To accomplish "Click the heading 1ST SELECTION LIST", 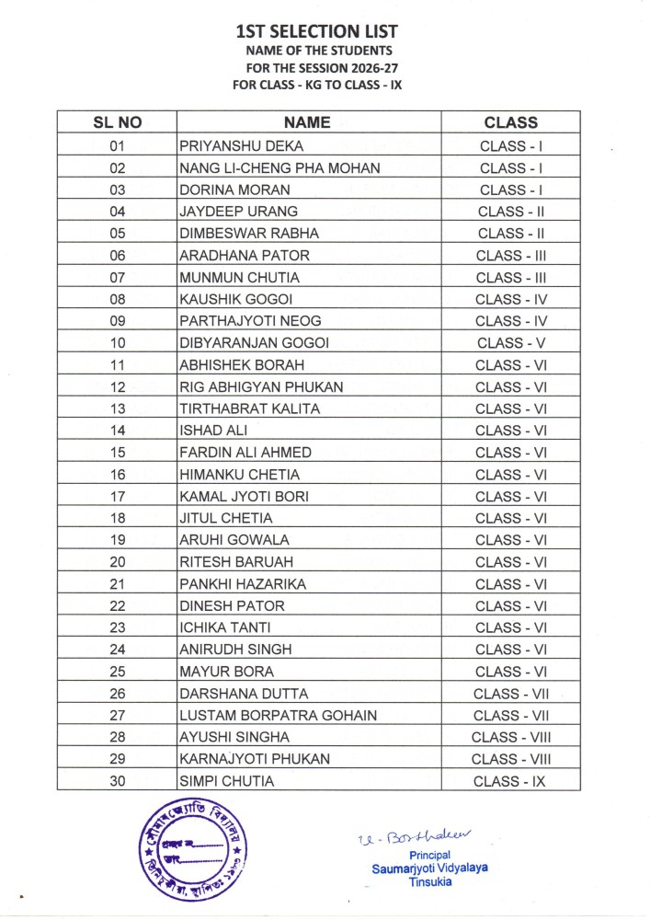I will (x=317, y=32).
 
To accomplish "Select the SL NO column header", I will (x=117, y=122).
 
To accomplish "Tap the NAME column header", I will (x=307, y=122).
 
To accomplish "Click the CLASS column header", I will (x=510, y=122).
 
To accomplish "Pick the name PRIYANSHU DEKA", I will (x=241, y=145).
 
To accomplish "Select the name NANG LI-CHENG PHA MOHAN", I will (x=279, y=167).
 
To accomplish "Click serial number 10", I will (x=117, y=343).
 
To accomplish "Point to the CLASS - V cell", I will (x=512, y=343).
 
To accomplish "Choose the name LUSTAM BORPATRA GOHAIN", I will (x=278, y=716).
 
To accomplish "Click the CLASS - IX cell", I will (x=512, y=782).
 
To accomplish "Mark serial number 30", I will (x=117, y=782).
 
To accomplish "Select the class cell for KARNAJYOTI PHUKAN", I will (x=512, y=760).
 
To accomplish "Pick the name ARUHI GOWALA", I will (x=234, y=540).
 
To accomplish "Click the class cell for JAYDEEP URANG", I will (x=512, y=212).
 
